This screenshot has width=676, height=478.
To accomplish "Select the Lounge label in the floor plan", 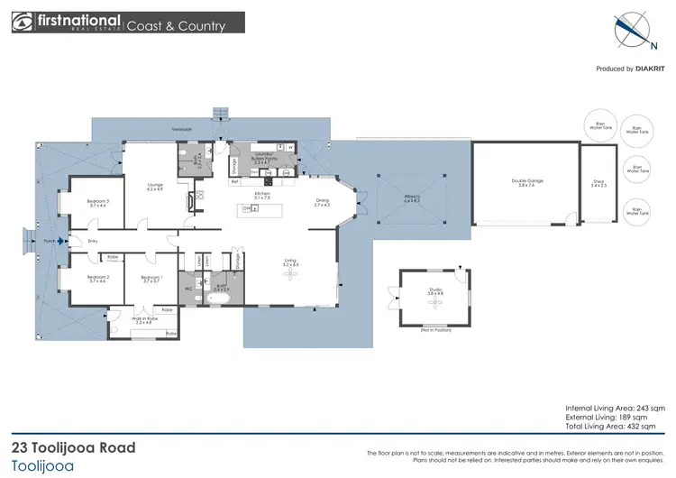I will (x=155, y=187).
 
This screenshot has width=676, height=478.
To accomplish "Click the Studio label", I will (x=435, y=291).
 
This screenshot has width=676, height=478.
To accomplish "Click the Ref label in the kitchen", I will (x=234, y=181).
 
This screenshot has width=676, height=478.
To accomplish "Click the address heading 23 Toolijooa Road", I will (x=74, y=447).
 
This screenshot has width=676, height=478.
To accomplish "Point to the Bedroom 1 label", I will (x=151, y=278).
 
